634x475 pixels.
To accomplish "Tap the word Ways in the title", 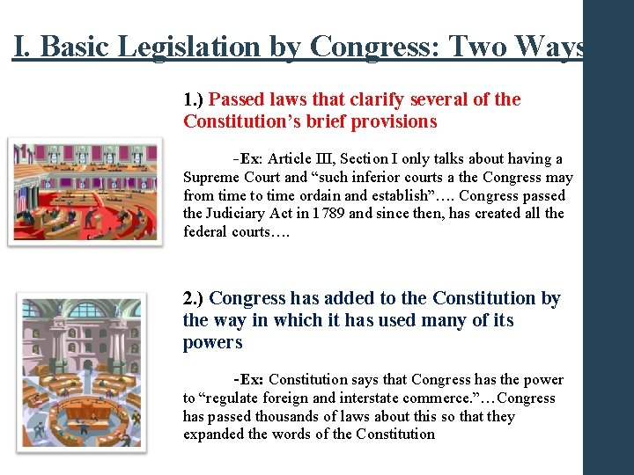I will coord(554,46).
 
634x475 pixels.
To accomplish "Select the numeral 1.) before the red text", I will coord(194,99).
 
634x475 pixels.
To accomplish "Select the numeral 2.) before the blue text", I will coord(194,299).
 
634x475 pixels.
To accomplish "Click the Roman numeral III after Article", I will coord(325,159).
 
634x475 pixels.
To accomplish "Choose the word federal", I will coord(204,232).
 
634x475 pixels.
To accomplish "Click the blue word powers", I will coord(212,342).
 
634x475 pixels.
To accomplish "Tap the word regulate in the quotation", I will coord(230,398).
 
